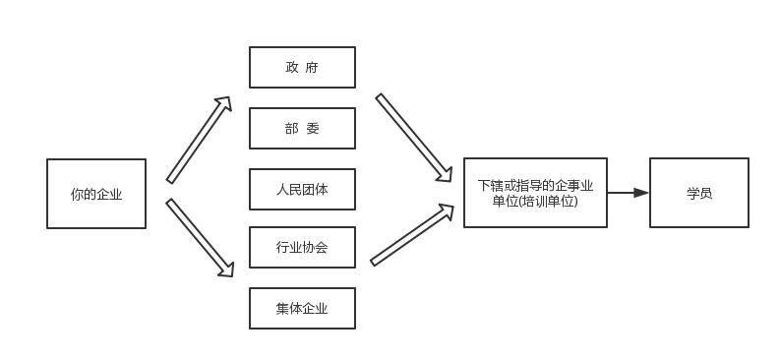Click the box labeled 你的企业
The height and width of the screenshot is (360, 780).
click(96, 194)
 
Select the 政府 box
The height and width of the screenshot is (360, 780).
click(302, 67)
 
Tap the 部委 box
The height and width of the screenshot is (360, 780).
click(302, 128)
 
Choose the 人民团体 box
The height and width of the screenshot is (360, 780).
click(302, 189)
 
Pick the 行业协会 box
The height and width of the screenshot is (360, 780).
click(302, 248)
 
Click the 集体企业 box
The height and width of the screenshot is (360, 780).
click(302, 308)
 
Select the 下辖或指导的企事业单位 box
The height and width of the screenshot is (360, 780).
click(535, 193)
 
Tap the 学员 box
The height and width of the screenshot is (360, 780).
click(698, 193)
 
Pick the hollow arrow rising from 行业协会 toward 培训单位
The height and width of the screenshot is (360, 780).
click(412, 235)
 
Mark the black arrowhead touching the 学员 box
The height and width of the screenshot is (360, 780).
click(641, 193)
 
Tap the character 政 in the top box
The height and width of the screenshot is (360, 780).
click(292, 68)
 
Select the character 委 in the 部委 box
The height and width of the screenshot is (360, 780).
click(313, 128)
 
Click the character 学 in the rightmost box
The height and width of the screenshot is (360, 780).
click(692, 193)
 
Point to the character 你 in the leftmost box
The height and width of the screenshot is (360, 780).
click(77, 194)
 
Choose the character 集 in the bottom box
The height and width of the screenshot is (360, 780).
click(283, 308)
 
